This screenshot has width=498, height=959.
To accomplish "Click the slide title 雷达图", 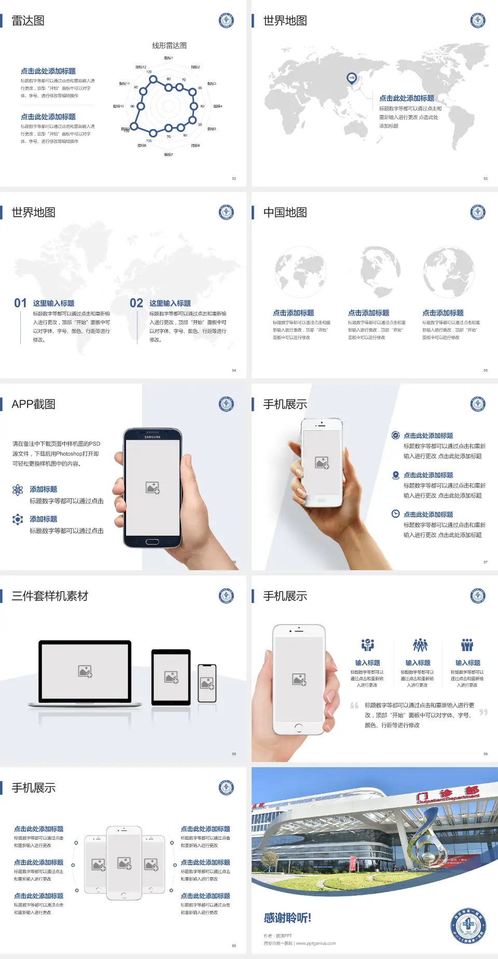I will pyautogui.click(x=28, y=21).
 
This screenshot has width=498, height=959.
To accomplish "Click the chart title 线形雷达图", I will pyautogui.click(x=169, y=46).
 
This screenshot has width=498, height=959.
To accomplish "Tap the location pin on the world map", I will pyautogui.click(x=352, y=78).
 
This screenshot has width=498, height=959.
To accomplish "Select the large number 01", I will pyautogui.click(x=20, y=303).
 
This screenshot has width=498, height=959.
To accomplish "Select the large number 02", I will pyautogui.click(x=136, y=303).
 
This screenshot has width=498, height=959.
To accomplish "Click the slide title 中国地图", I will pyautogui.click(x=285, y=213).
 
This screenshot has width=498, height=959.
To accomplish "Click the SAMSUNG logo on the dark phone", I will pyautogui.click(x=153, y=437).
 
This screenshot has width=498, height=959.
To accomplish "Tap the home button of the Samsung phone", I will pyautogui.click(x=152, y=542).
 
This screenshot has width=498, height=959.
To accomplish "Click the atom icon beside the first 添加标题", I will pyautogui.click(x=18, y=490).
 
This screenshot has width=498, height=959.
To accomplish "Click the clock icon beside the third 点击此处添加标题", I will pyautogui.click(x=395, y=514).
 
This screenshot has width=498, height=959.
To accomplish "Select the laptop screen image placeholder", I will pyautogui.click(x=85, y=671).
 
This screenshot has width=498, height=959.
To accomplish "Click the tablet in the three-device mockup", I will pyautogui.click(x=171, y=676).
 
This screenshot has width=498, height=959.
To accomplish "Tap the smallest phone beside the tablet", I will pyautogui.click(x=207, y=683).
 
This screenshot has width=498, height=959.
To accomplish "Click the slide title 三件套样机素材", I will pyautogui.click(x=50, y=596).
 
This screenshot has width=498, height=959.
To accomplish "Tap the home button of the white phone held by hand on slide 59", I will pyautogui.click(x=298, y=728).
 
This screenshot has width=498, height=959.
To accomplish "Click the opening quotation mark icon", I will pyautogui.click(x=354, y=706).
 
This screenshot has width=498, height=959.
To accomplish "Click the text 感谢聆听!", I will pyautogui.click(x=287, y=918).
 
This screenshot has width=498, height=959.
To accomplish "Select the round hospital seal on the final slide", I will pyautogui.click(x=468, y=925).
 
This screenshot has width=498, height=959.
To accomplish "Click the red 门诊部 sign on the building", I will pyautogui.click(x=447, y=794).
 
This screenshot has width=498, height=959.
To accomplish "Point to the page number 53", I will pyautogui.click(x=486, y=179).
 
